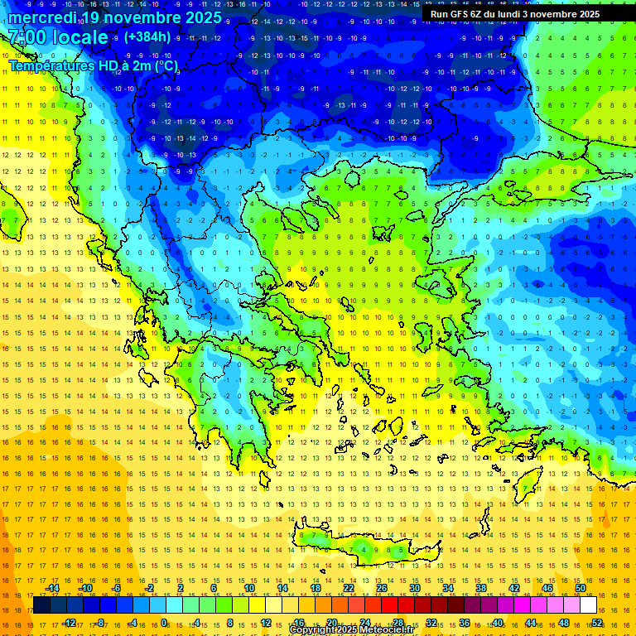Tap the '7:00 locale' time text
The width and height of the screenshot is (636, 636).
(58, 37)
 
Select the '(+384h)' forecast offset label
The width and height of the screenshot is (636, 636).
(148, 36)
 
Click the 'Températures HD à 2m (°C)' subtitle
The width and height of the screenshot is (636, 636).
(93, 65)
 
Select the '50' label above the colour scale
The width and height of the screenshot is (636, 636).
(581, 588)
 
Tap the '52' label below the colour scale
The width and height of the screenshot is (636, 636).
(597, 623)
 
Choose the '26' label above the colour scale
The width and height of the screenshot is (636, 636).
(382, 588)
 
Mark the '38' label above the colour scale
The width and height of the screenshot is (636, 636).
(481, 588)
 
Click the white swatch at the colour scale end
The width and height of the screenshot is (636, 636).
(588, 605)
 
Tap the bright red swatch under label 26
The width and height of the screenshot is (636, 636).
(389, 605)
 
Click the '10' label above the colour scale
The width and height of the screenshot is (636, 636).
(249, 588)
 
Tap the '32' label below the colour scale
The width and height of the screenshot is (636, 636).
(431, 623)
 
